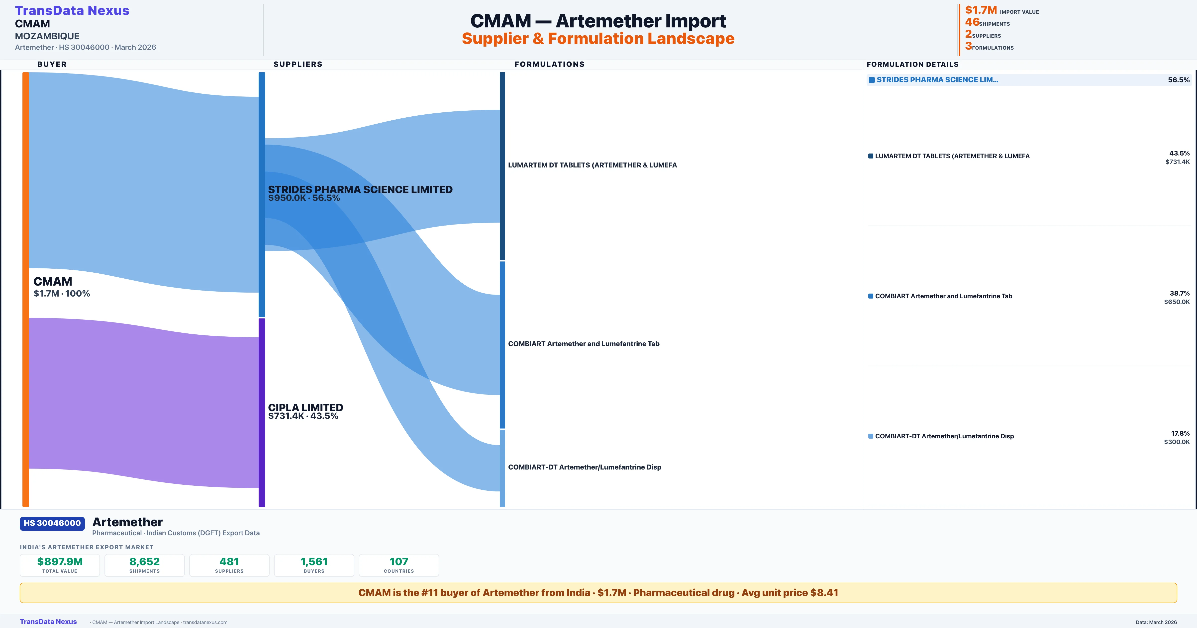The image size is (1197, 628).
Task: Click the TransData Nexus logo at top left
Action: click(x=72, y=11)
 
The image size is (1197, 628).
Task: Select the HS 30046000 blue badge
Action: click(x=52, y=523)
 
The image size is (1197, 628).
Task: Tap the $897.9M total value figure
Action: click(x=60, y=561)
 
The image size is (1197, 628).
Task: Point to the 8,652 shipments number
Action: click(x=145, y=561)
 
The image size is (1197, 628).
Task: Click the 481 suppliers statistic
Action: click(x=229, y=561)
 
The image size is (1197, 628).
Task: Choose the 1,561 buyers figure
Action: click(x=314, y=561)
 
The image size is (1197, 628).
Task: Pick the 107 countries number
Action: click(x=399, y=561)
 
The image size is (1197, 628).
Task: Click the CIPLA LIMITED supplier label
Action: click(x=305, y=407)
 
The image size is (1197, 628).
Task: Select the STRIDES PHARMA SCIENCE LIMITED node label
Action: click(x=360, y=189)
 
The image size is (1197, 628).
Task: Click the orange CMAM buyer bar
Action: click(x=25, y=288)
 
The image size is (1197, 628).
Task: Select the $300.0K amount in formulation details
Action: click(x=1177, y=442)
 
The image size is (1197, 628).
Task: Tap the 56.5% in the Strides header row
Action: click(x=1178, y=80)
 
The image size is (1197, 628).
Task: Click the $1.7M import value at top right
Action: click(x=981, y=10)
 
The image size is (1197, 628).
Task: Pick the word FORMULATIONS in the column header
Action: click(x=549, y=64)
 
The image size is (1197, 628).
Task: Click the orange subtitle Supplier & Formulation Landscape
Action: click(x=598, y=39)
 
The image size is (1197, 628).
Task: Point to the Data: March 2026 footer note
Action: click(x=1156, y=622)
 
